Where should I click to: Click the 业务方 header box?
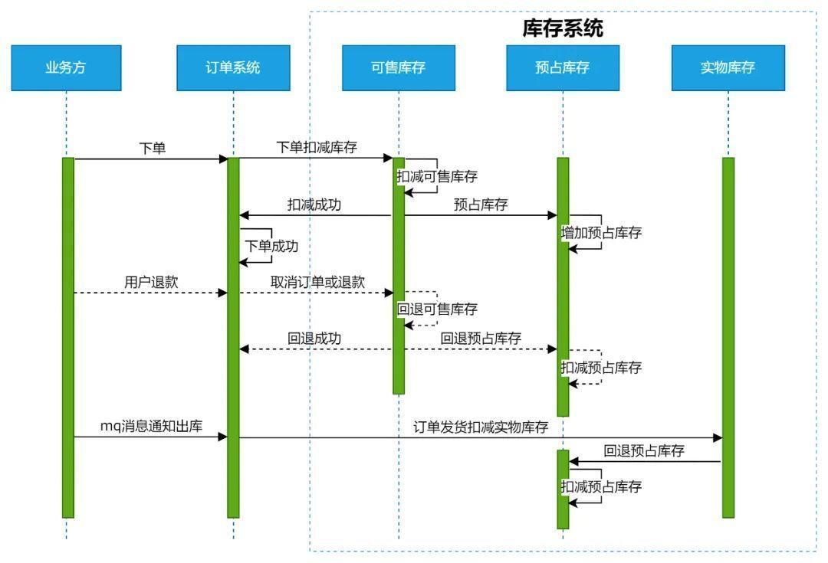[66, 67]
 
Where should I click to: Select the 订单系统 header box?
[233, 67]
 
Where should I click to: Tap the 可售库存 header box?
[398, 67]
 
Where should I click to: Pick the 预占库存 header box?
[563, 67]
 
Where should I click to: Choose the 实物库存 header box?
[728, 67]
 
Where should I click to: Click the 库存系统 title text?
[563, 28]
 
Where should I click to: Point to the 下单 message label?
[152, 149]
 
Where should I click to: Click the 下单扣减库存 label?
[317, 148]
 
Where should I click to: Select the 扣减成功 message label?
[314, 205]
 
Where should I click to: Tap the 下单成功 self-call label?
[271, 247]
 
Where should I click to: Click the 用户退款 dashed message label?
[151, 282]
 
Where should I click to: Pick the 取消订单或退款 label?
[317, 282]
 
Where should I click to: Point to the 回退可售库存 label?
[437, 309]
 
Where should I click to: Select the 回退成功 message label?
[314, 339]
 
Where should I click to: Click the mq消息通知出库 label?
[151, 426]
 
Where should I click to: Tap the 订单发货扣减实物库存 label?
[481, 427]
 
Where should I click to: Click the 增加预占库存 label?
[601, 234]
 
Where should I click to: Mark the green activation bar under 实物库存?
[728, 337]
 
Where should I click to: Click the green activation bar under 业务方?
[67, 337]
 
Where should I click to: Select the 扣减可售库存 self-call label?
[437, 177]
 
